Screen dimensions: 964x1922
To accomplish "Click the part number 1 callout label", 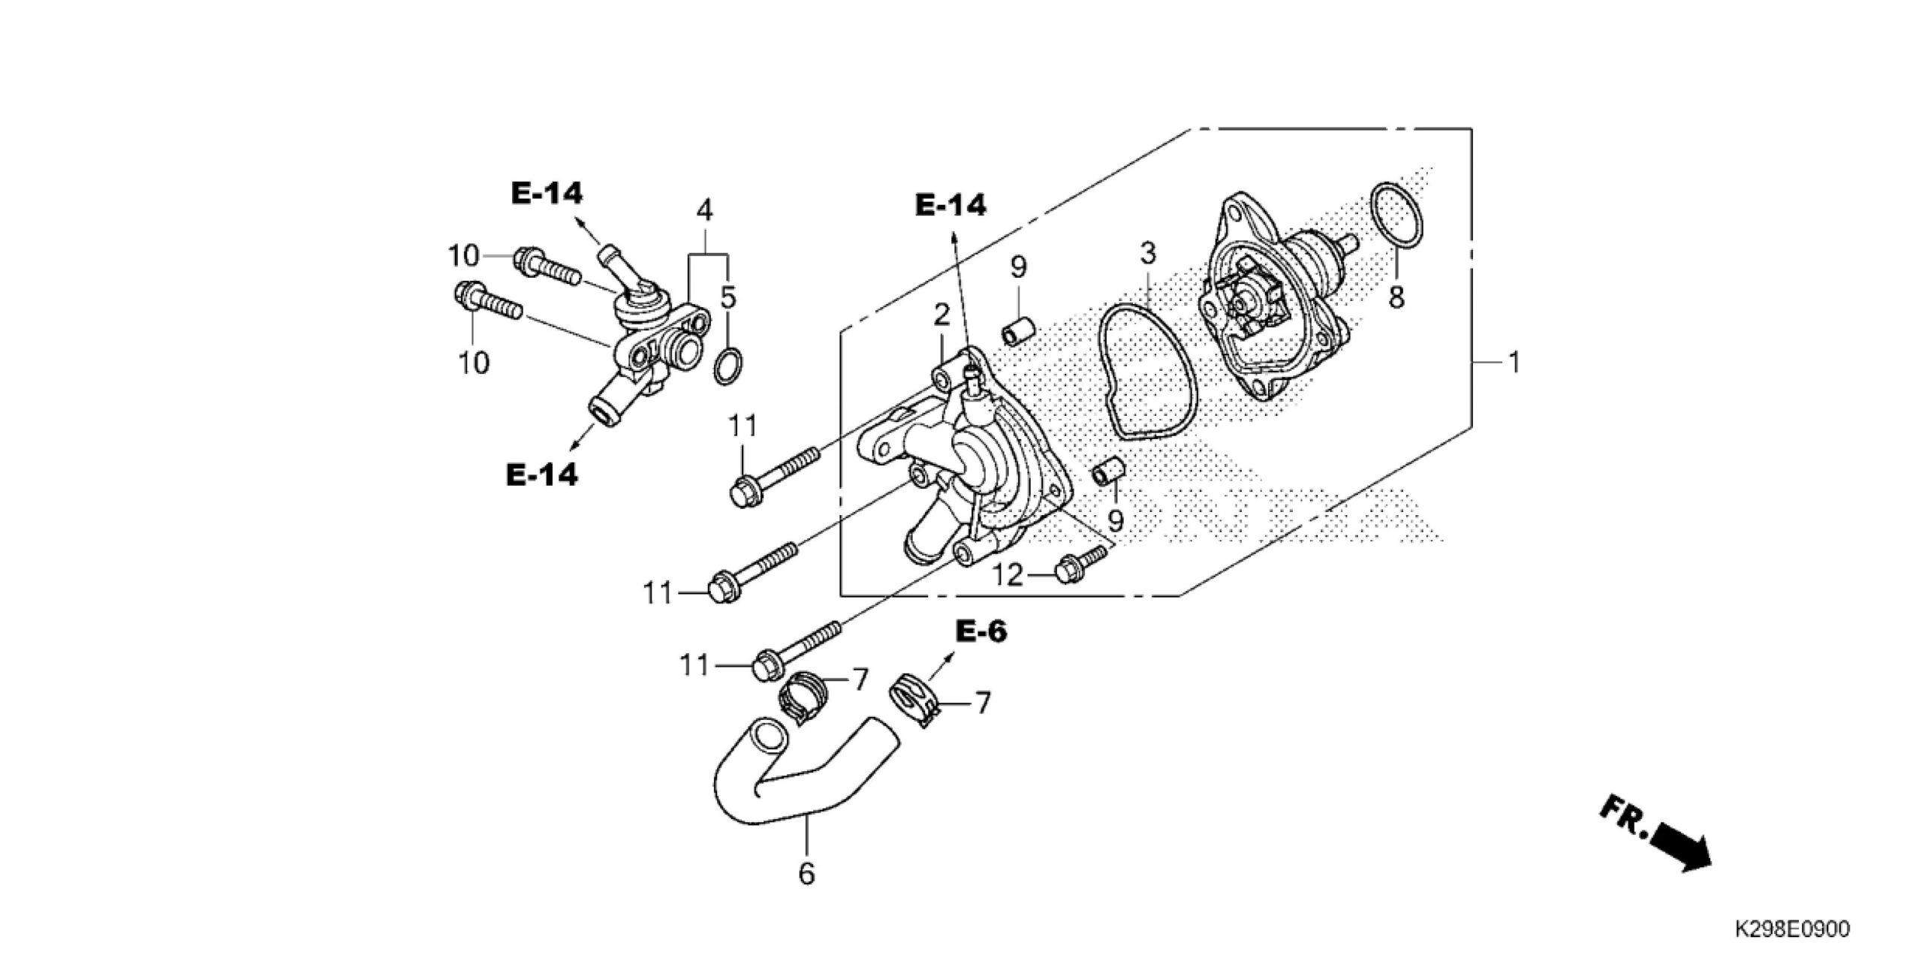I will (1514, 363).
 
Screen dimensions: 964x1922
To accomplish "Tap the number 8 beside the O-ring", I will (1396, 297).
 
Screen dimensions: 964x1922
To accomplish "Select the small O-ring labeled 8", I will (1396, 214).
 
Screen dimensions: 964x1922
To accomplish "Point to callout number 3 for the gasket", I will (1148, 255).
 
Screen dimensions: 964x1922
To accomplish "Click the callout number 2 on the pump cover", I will (942, 315).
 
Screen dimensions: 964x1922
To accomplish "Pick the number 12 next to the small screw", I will (1008, 576).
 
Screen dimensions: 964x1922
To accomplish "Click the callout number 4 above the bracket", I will (703, 211).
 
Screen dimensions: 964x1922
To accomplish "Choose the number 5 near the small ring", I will (728, 298).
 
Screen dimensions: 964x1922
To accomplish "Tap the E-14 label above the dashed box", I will (951, 205).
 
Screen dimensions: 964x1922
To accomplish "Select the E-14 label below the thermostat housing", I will (542, 474).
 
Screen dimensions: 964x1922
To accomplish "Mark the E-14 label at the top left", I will (546, 194).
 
